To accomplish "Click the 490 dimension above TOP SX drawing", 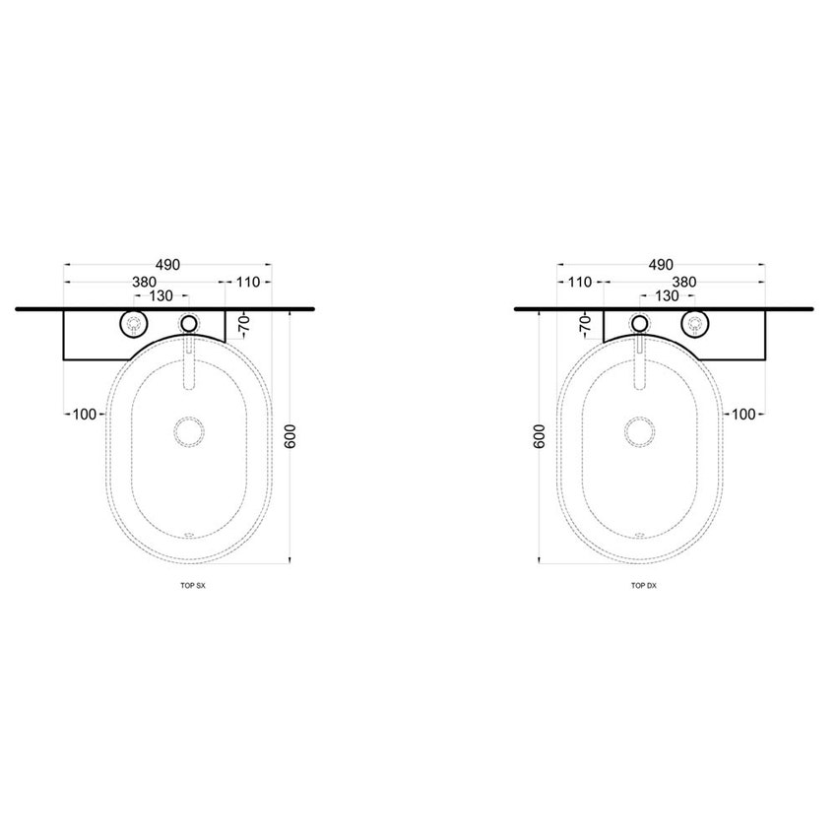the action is (167, 265).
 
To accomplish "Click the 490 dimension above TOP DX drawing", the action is (661, 265).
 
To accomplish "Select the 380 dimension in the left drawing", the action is (144, 282).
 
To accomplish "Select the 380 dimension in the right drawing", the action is (684, 282).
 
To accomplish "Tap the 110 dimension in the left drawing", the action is (248, 282).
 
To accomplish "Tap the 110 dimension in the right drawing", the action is (580, 282).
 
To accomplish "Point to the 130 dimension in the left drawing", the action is (161, 295).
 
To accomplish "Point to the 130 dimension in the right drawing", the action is (667, 295).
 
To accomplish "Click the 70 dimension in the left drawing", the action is (244, 324).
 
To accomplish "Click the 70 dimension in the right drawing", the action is (586, 324).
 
